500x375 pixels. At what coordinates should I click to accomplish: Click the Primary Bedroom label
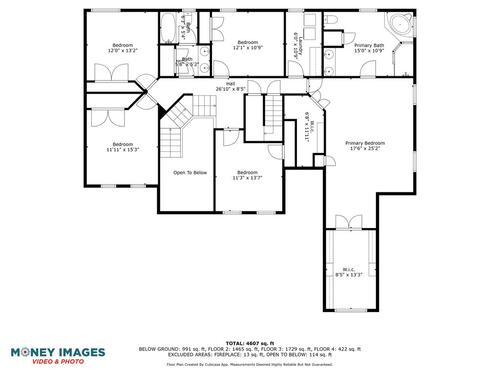point(365,143)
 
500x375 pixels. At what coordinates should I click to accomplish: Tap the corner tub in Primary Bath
point(400,24)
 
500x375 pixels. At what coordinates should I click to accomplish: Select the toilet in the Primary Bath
point(331,20)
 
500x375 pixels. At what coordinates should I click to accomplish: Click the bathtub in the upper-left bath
point(167,28)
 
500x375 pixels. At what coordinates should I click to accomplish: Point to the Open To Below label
point(190,172)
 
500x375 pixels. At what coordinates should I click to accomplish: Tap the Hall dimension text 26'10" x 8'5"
point(230,89)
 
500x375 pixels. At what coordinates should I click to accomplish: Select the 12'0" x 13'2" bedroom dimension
point(123,50)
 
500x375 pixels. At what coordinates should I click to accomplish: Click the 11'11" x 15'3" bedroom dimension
point(123,149)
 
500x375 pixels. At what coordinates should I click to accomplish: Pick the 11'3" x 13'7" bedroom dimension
point(248,178)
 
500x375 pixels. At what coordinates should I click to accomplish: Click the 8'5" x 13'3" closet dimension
point(349,274)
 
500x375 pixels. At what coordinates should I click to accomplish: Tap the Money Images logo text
point(58,353)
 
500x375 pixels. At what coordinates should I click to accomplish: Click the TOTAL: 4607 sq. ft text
point(250,343)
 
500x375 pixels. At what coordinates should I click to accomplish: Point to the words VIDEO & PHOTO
point(58,362)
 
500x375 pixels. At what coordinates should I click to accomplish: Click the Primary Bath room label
point(369,45)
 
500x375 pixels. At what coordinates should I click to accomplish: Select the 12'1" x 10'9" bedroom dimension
point(248,48)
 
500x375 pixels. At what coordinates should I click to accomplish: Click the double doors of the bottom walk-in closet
point(349,222)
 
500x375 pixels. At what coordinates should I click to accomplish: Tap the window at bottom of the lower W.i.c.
point(351,310)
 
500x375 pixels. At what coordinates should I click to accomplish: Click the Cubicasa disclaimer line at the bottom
point(250,364)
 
